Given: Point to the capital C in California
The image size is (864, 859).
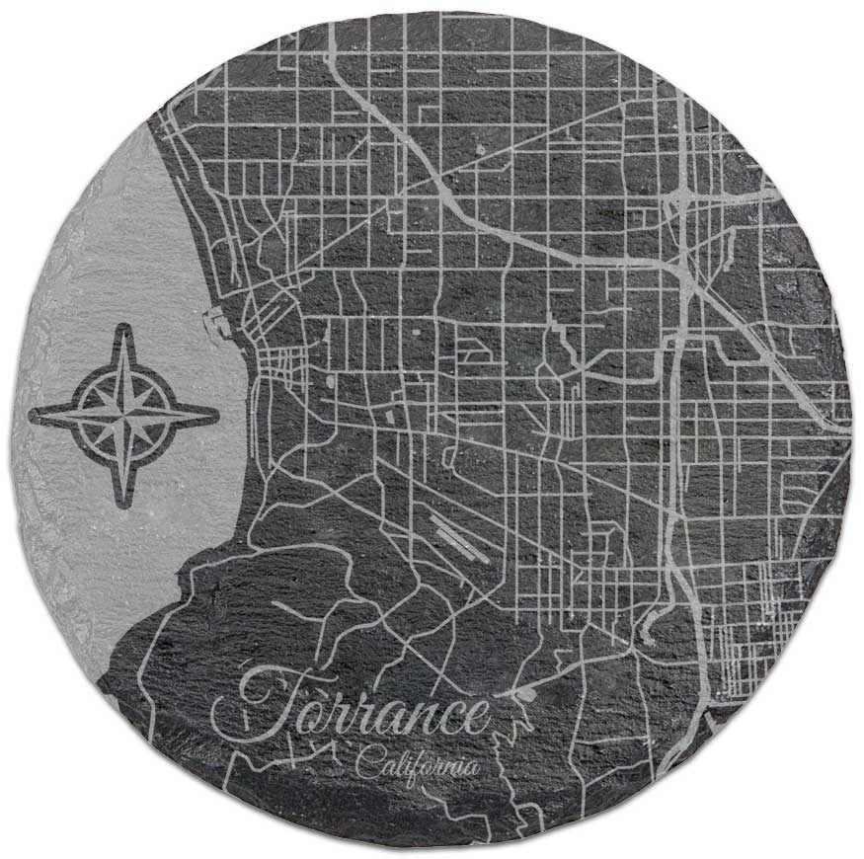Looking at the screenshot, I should pyautogui.click(x=365, y=762).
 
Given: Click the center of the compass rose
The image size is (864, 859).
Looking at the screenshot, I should pyautogui.click(x=124, y=414).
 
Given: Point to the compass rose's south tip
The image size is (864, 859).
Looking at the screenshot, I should pyautogui.click(x=124, y=504).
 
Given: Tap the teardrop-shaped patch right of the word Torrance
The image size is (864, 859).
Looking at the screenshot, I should pyautogui.click(x=525, y=695).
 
